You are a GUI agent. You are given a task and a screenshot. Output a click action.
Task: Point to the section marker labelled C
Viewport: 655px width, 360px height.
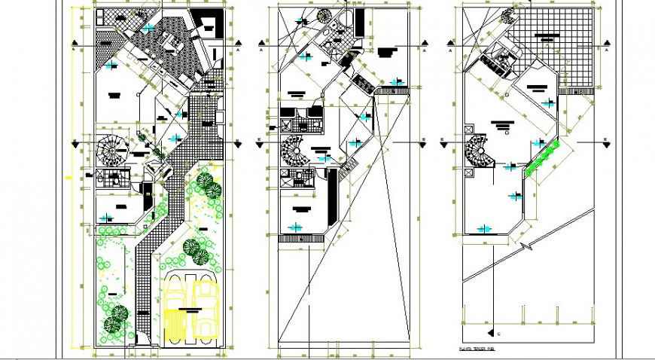[x=497, y=331]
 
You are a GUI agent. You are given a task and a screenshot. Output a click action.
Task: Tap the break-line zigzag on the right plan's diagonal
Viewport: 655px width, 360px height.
[x=530, y=245]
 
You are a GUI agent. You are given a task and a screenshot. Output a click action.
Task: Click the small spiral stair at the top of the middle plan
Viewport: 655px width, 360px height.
[x=324, y=17]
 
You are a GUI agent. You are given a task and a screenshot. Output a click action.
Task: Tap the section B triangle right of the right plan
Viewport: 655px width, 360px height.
[x=604, y=139]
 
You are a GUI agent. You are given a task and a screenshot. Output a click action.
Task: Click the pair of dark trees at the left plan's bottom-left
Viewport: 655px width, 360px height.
[x=115, y=318]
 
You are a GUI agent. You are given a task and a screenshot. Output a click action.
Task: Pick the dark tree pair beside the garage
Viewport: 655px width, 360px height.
[x=196, y=249]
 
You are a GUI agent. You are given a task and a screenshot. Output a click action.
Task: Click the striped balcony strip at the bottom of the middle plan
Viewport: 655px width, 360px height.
[x=300, y=239]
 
